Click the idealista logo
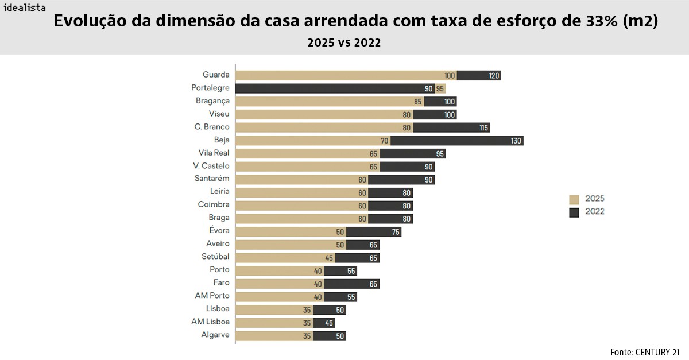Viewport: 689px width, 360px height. point(24,8)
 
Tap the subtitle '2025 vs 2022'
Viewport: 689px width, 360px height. point(344,42)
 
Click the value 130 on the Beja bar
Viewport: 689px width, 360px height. point(516,141)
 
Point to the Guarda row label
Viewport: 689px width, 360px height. point(216,75)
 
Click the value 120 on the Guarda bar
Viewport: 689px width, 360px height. point(494,75)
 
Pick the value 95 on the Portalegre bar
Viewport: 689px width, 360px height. point(440,88)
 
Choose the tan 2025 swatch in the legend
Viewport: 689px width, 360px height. point(574,199)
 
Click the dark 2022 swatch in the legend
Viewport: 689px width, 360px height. point(574,212)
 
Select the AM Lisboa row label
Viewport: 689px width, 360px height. point(210,322)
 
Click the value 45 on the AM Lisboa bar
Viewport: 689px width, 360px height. point(329,323)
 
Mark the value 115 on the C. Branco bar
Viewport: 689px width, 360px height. point(483,127)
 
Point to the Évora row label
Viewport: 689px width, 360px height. point(219,231)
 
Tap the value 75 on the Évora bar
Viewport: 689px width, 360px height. point(396,231)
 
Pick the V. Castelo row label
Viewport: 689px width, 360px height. point(211,166)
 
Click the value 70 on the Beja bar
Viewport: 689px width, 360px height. point(384,141)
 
